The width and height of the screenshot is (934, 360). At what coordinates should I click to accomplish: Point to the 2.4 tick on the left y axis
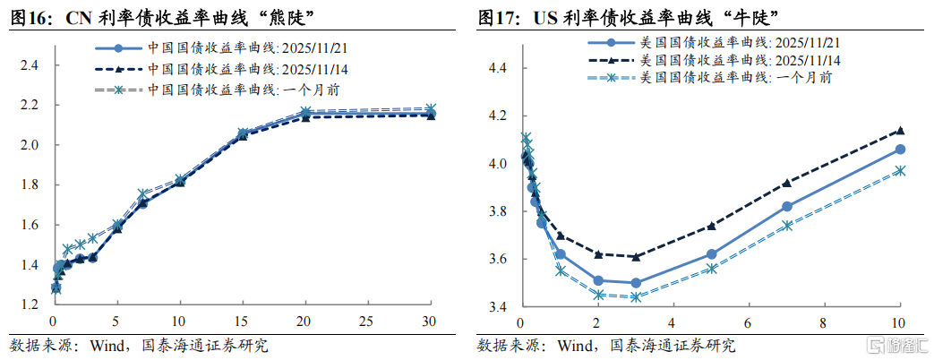pyautogui.click(x=29, y=65)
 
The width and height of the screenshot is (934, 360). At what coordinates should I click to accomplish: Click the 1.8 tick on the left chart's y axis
pyautogui.click(x=29, y=185)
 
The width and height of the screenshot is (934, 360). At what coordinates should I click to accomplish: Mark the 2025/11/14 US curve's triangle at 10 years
pyautogui.click(x=900, y=130)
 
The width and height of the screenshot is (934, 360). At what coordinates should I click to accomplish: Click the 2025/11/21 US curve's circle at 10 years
pyautogui.click(x=900, y=150)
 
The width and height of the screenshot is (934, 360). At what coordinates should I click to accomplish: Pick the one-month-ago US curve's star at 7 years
pyautogui.click(x=786, y=226)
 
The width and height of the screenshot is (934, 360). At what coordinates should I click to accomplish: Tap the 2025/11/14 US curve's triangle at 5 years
pyautogui.click(x=711, y=226)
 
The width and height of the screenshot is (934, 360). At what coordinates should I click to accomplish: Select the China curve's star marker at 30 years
pyautogui.click(x=430, y=108)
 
